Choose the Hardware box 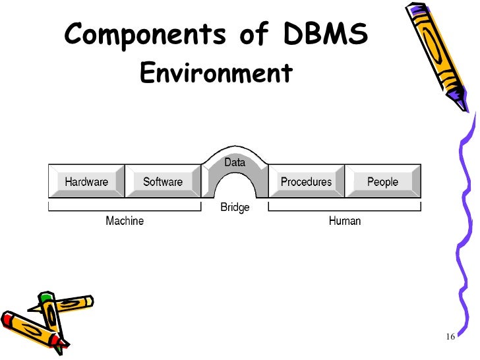[86, 181]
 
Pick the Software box [163, 181]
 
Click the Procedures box [307, 181]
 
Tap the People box [383, 181]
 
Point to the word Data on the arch [235, 162]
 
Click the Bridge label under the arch [235, 208]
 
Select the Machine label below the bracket [125, 221]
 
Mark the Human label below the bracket [345, 221]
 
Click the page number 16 [451, 338]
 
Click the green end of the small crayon [44, 299]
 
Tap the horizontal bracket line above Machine [125, 210]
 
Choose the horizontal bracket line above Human [345, 210]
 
